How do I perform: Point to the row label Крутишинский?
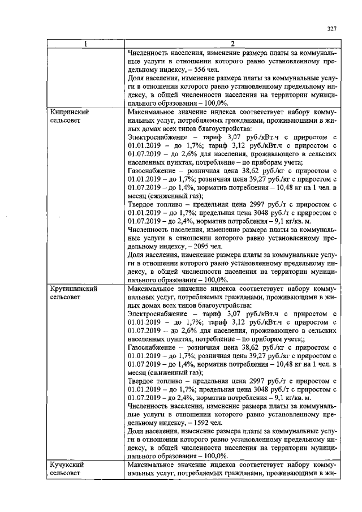point(74,288)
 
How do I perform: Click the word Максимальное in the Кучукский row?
point(154,464)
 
